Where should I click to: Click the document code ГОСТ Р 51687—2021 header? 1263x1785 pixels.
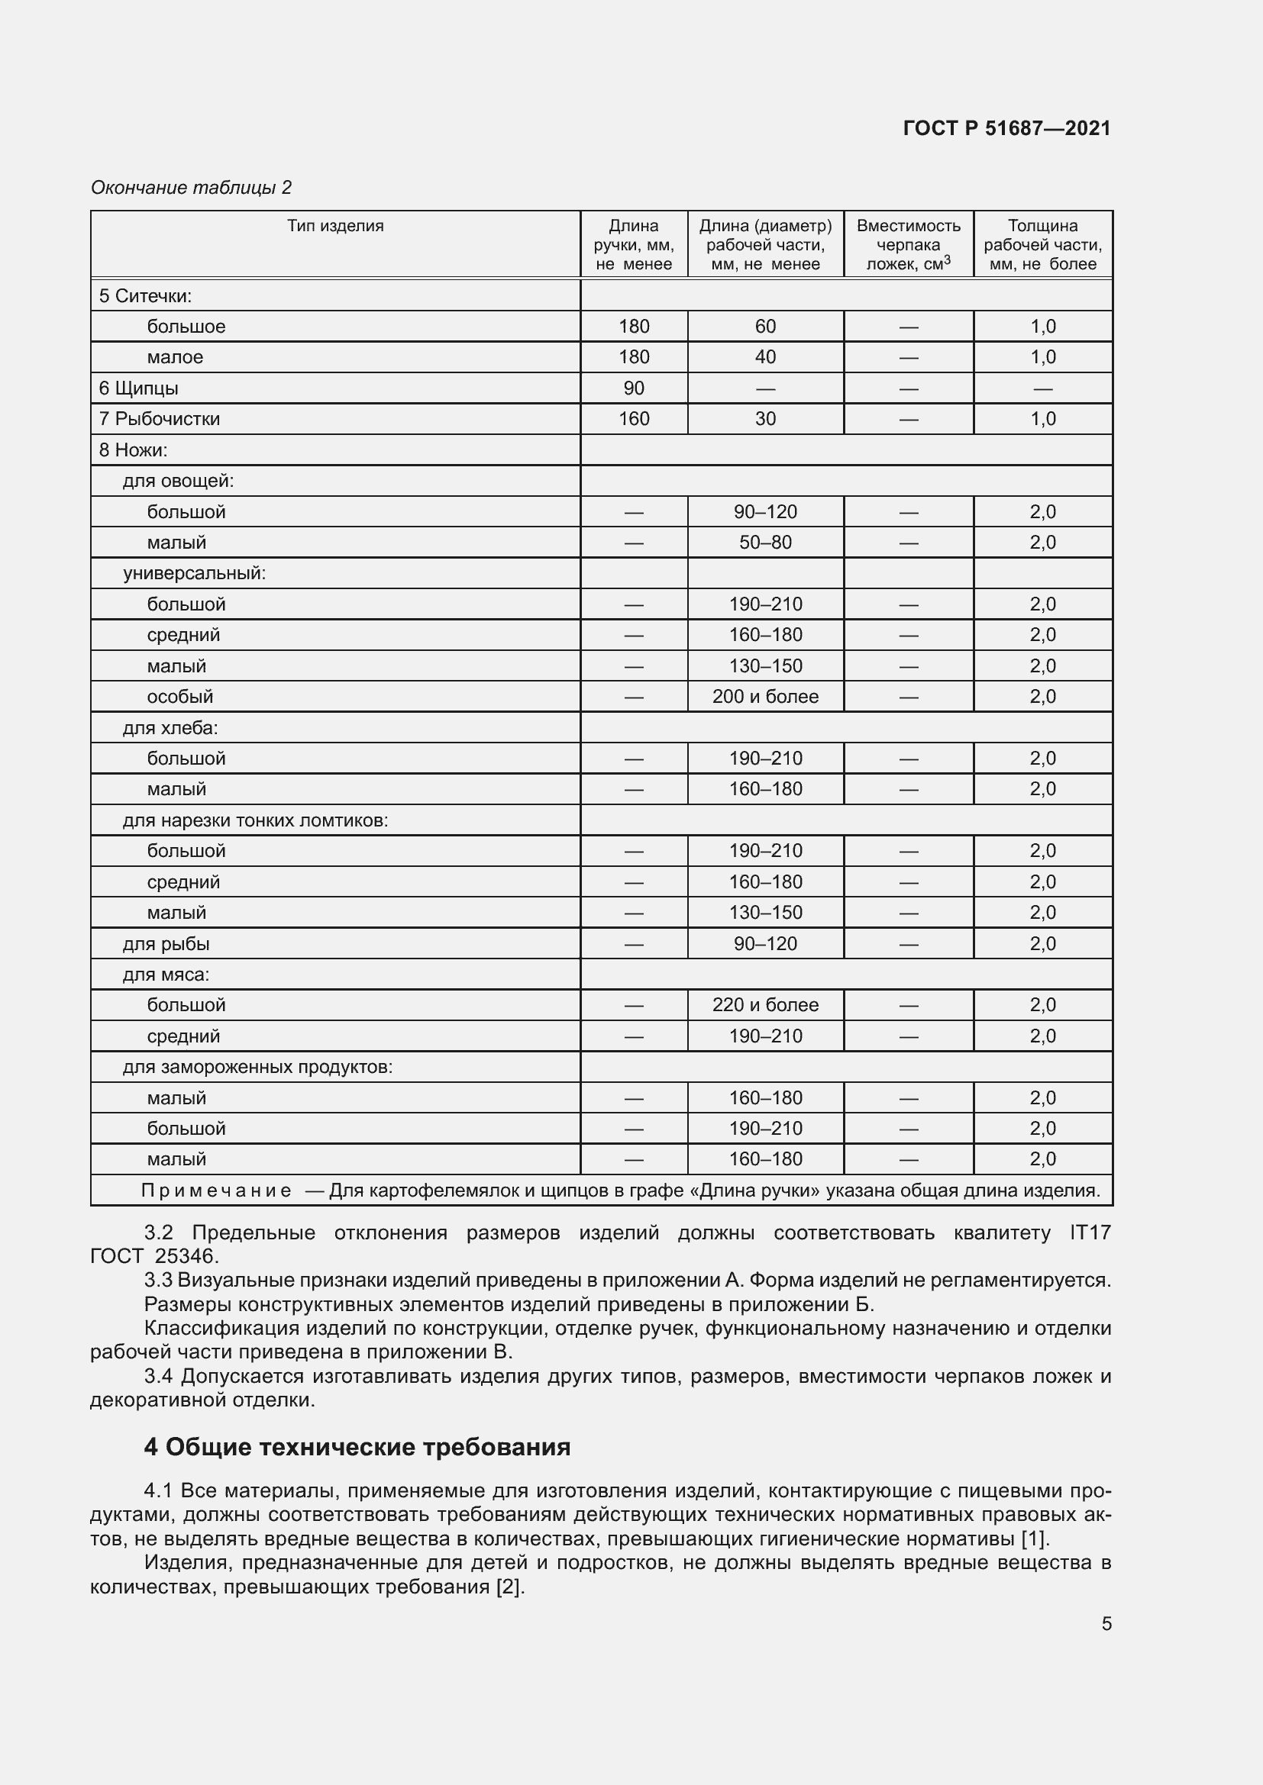pyautogui.click(x=1006, y=128)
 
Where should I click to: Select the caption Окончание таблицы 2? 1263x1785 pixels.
pyautogui.click(x=191, y=188)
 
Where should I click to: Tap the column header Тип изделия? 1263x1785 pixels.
pyautogui.click(x=335, y=226)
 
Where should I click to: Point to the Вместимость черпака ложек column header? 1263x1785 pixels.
pyautogui.click(x=908, y=244)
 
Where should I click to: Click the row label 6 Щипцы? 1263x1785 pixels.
pyautogui.click(x=138, y=388)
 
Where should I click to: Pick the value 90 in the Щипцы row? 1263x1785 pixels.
pyautogui.click(x=633, y=388)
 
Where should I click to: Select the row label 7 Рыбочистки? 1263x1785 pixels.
pyautogui.click(x=160, y=419)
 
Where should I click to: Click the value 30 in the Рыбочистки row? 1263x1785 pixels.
pyautogui.click(x=764, y=419)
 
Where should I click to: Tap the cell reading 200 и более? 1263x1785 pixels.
pyautogui.click(x=764, y=697)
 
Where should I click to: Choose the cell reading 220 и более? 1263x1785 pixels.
pyautogui.click(x=764, y=1005)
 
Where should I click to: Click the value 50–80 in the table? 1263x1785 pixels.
pyautogui.click(x=764, y=543)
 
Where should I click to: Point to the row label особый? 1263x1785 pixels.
pyautogui.click(x=179, y=697)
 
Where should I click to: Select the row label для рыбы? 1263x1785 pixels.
pyautogui.click(x=166, y=944)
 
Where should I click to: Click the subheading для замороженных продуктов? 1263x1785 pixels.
pyautogui.click(x=257, y=1067)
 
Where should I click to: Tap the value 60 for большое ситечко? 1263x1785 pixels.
pyautogui.click(x=764, y=327)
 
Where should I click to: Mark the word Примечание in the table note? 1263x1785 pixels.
pyautogui.click(x=216, y=1191)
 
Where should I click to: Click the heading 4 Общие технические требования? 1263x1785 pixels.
pyautogui.click(x=357, y=1446)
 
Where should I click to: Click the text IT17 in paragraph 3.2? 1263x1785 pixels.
pyautogui.click(x=1090, y=1232)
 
